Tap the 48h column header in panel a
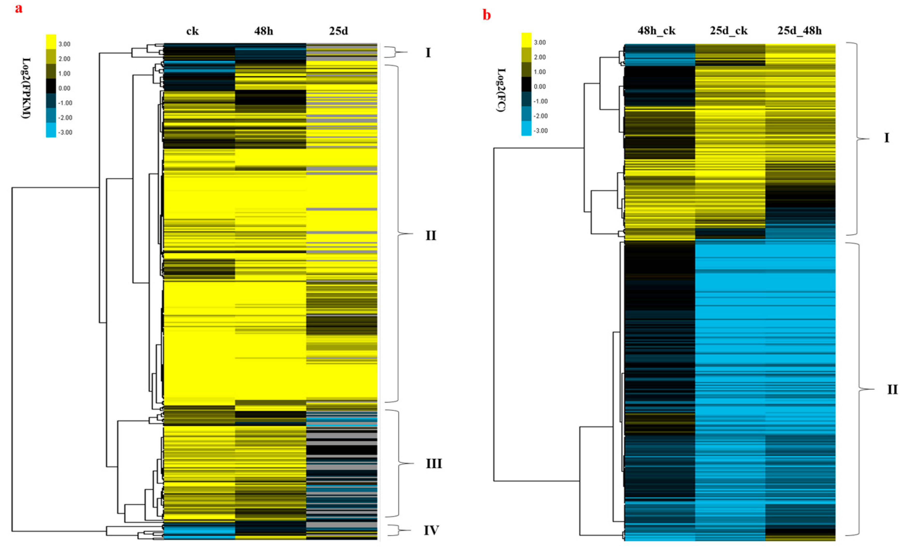pos(264,31)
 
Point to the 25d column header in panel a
pos(338,31)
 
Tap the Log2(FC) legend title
pos(502,90)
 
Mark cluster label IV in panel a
pos(431,530)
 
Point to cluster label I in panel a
pos(428,53)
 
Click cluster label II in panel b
pos(893,390)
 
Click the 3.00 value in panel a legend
pos(64,44)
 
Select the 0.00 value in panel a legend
pos(64,88)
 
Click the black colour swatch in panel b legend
pos(526,84)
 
